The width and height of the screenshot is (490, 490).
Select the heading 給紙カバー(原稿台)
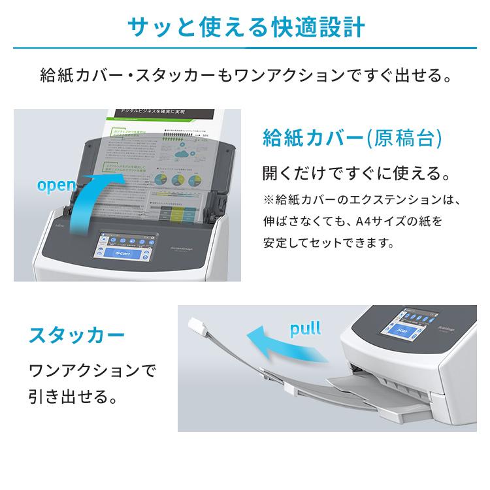(x=353, y=139)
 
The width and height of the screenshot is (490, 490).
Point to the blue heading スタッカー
(x=76, y=337)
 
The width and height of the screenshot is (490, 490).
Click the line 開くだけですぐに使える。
(x=355, y=174)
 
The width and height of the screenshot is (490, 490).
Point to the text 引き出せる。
(x=73, y=397)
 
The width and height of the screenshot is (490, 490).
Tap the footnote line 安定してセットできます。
(x=328, y=244)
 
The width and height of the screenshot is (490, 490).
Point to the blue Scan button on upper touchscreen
(x=123, y=252)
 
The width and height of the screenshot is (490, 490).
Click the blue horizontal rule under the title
(x=244, y=48)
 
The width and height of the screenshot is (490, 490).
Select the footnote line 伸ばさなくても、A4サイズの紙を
(x=352, y=221)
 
